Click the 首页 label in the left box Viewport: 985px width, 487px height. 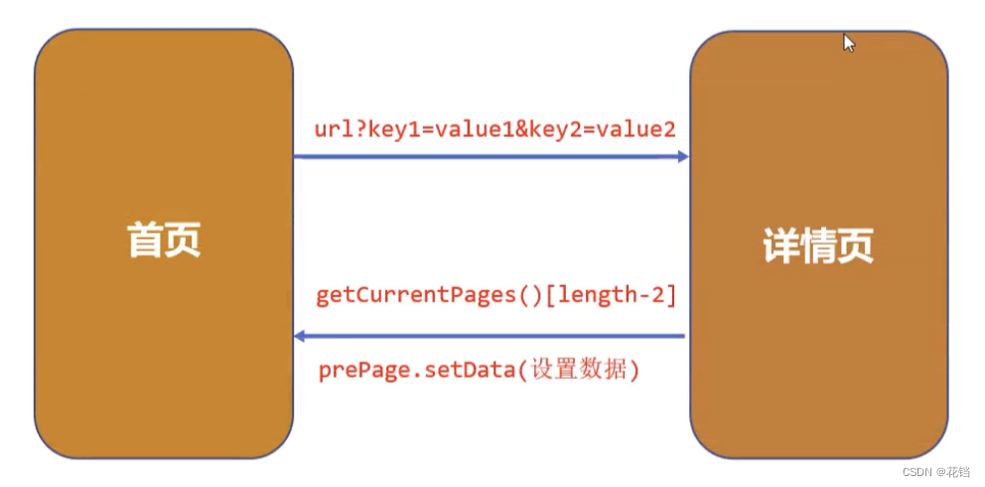[164, 241]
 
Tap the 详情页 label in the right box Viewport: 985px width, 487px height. [818, 245]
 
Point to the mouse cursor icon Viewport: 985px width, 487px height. [848, 43]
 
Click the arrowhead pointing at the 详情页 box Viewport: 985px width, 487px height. [682, 156]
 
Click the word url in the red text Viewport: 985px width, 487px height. [333, 130]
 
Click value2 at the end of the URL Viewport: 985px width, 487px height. [633, 130]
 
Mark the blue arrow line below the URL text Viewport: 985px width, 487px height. [487, 156]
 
